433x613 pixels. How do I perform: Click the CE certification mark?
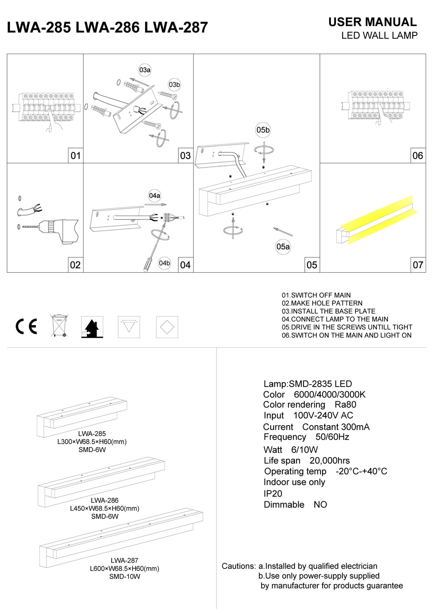click(26, 326)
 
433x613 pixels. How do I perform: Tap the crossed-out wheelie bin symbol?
click(59, 326)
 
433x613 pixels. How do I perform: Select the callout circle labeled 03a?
click(145, 70)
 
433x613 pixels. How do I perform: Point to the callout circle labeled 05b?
click(263, 130)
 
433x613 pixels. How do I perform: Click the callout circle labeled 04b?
click(165, 263)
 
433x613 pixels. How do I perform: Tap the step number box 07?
click(418, 265)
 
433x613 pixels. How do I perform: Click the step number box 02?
click(75, 265)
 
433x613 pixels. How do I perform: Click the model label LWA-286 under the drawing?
click(105, 500)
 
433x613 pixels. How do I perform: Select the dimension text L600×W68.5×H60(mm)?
click(125, 568)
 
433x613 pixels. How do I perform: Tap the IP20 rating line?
click(273, 494)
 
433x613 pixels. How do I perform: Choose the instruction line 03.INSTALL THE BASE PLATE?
click(329, 311)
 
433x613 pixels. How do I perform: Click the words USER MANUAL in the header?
click(372, 22)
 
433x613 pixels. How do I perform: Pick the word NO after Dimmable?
click(320, 505)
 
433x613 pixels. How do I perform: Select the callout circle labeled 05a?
click(283, 247)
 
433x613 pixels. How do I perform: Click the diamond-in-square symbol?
click(167, 327)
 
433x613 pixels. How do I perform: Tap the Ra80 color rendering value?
click(346, 405)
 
